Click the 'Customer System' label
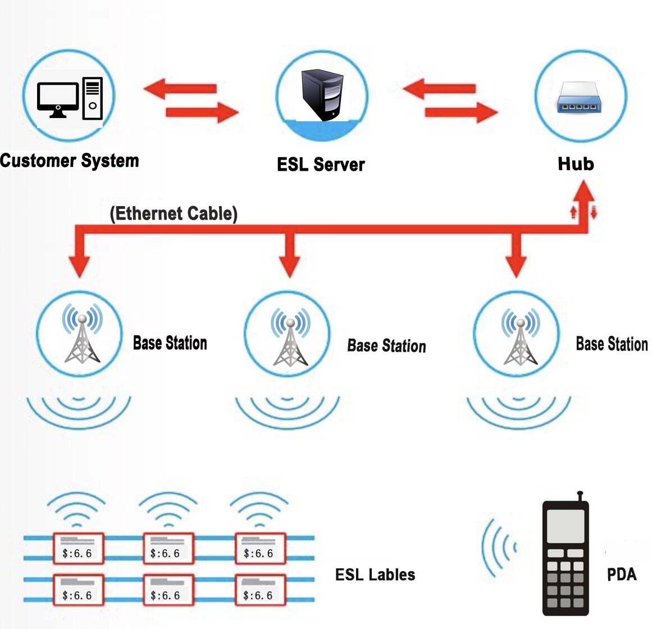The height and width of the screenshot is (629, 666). tap(69, 161)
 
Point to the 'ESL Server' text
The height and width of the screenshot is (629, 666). tap(321, 165)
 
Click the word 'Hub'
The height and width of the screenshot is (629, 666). tap(576, 164)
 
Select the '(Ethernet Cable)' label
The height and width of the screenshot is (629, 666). tap(174, 213)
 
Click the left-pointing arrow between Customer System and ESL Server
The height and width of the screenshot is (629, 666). tap(179, 88)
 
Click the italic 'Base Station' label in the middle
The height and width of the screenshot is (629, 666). tap(386, 346)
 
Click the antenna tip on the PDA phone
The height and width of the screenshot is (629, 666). tap(580, 494)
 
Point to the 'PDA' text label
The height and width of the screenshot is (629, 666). tap(622, 575)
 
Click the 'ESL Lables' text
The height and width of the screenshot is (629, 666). tap(375, 575)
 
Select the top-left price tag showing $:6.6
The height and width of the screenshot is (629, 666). tap(78, 548)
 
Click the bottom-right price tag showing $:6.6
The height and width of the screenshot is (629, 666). tap(260, 590)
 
